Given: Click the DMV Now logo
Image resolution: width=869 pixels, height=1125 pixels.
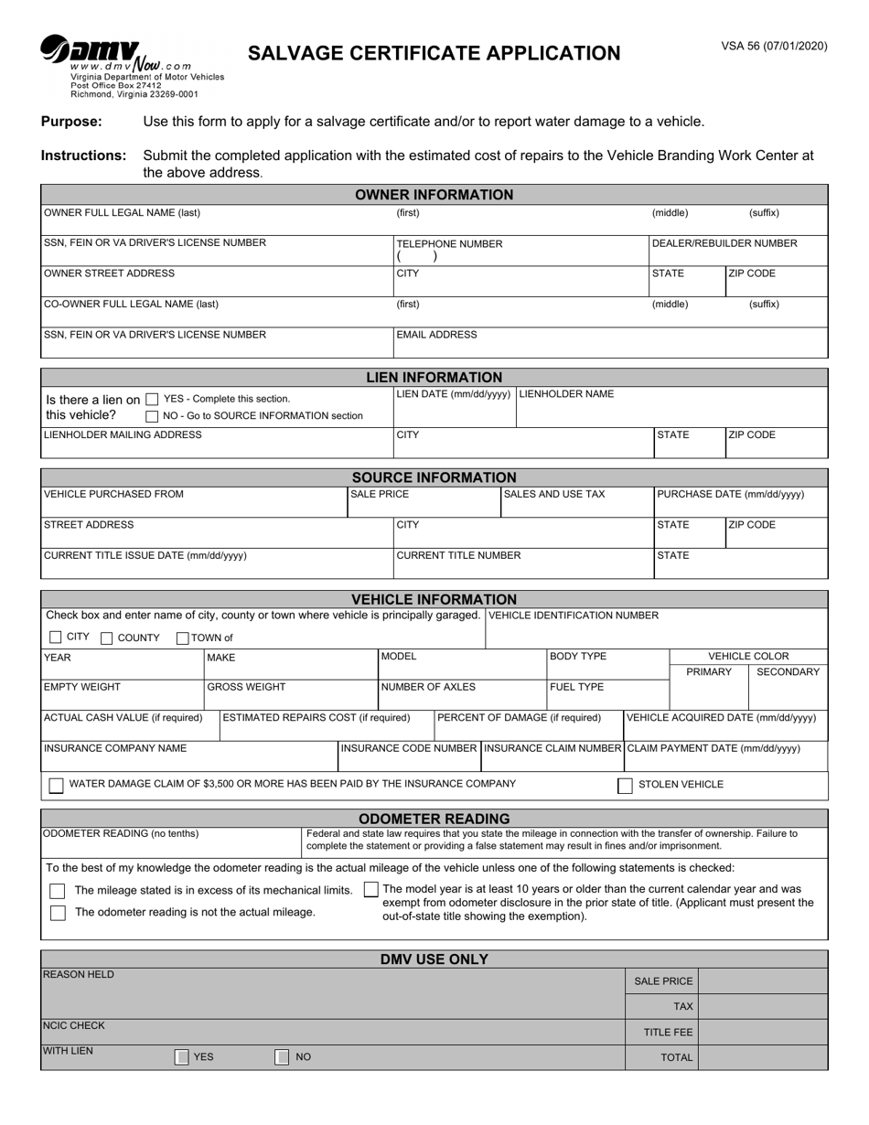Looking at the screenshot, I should (91, 53).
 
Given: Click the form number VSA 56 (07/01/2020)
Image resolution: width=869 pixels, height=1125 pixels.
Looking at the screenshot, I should (774, 46).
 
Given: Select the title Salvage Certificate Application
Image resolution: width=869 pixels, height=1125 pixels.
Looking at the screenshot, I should (434, 53).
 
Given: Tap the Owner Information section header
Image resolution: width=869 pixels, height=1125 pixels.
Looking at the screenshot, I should (434, 195).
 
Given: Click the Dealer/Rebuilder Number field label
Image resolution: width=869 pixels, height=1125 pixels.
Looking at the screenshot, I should (724, 243).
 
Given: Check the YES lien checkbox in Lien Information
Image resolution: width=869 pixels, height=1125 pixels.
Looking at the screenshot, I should (153, 400).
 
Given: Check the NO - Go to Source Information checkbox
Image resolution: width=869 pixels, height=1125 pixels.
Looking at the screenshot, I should (153, 417).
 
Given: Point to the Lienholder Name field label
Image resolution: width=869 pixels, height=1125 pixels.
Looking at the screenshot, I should (566, 394).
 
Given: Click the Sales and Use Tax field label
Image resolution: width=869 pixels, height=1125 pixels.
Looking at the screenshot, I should (554, 495).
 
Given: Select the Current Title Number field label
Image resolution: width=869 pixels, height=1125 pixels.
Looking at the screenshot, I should (458, 555).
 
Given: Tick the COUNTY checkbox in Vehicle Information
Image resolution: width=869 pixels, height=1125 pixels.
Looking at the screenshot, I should (107, 638).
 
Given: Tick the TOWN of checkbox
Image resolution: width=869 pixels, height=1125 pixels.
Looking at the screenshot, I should (182, 638).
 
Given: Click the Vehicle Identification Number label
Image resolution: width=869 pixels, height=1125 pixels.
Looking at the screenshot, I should (574, 616).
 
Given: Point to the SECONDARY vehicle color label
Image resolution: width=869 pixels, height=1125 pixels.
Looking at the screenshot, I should (788, 672).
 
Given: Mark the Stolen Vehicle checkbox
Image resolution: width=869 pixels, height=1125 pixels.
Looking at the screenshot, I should (626, 786).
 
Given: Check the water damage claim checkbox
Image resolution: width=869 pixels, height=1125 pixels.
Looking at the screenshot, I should (57, 786).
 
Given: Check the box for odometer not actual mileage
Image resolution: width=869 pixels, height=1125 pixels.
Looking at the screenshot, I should (58, 913).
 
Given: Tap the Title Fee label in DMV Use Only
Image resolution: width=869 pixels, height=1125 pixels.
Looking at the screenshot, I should (668, 1033).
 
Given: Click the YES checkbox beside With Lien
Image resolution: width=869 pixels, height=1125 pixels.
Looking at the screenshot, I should (182, 1057).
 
